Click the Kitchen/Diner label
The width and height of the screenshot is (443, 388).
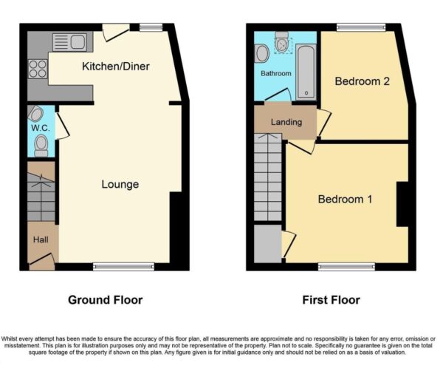point(116,67)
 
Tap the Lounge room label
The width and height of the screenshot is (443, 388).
point(120,184)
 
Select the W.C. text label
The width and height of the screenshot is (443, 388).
point(41,128)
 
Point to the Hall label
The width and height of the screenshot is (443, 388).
point(41,239)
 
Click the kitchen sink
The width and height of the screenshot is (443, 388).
point(69,42)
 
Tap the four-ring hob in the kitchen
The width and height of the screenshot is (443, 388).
point(38,69)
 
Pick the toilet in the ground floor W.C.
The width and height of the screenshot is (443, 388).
point(41,146)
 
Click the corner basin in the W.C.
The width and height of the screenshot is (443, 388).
point(35,113)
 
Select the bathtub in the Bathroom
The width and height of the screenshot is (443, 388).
point(306,72)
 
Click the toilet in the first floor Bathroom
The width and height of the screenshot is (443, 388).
point(282,42)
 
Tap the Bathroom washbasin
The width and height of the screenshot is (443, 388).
point(262,53)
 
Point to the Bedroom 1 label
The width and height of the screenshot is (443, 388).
point(345,199)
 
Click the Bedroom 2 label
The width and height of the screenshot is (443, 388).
point(363,81)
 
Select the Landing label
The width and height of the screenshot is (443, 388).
point(286,122)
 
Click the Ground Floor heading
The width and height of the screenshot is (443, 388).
point(106,300)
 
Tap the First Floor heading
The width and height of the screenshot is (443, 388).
point(331,300)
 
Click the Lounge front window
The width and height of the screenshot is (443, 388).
point(124,267)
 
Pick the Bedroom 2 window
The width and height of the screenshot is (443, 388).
point(361,27)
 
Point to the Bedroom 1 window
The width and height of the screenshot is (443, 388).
point(347,267)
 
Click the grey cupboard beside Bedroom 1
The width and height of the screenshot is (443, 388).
point(268,244)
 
